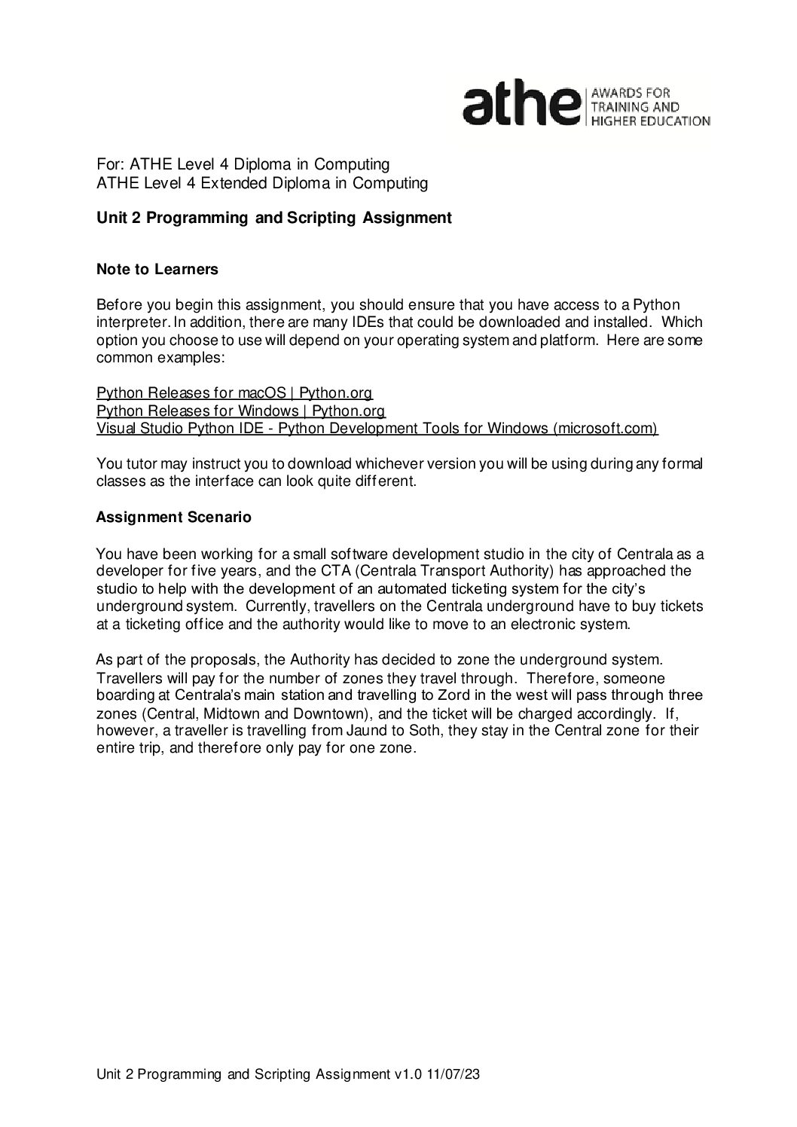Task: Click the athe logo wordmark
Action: click(x=521, y=105)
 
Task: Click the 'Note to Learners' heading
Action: click(x=157, y=269)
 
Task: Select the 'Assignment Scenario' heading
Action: click(x=173, y=518)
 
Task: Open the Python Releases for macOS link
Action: click(x=234, y=393)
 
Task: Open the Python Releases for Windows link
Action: click(x=241, y=411)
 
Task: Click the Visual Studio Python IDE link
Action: click(x=377, y=429)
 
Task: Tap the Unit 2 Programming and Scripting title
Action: click(x=274, y=218)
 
